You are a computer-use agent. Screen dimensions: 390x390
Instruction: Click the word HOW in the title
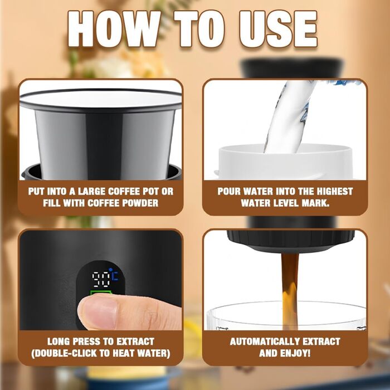114,29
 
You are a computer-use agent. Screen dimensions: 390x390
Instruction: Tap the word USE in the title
278,29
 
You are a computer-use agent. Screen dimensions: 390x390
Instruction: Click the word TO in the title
199,29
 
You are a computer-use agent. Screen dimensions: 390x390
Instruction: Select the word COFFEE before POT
124,192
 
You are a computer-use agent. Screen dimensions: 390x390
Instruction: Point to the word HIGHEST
334,192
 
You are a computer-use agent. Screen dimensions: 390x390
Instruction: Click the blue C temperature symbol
115,276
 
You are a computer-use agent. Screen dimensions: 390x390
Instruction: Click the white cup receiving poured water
285,162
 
